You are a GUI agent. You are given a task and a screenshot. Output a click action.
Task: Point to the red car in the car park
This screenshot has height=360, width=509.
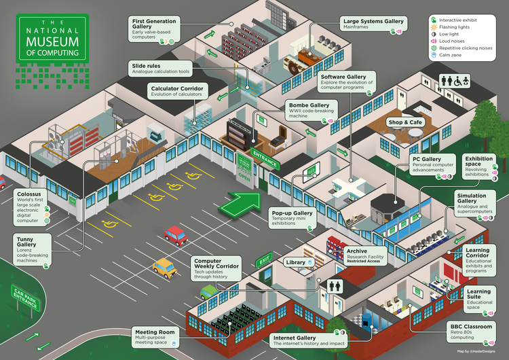pyautogui.click(x=176, y=236)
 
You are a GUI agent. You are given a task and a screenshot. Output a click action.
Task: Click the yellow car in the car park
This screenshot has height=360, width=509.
pyautogui.click(x=164, y=266)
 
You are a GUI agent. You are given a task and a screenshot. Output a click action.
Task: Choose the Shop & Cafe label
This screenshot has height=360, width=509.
pyautogui.click(x=404, y=122)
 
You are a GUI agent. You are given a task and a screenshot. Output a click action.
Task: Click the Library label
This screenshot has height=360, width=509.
pyautogui.click(x=295, y=262)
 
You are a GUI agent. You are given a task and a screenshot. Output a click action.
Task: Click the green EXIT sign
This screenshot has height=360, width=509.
pyautogui.click(x=265, y=257)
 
